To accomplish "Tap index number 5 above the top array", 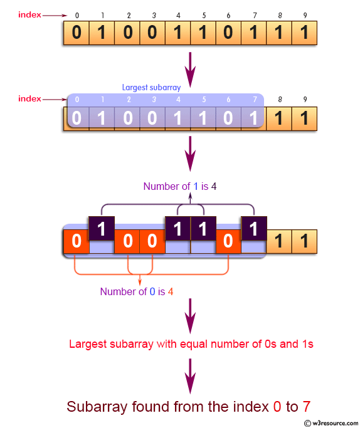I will (x=203, y=14).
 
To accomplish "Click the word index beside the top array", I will (x=29, y=14).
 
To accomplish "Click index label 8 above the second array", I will (x=280, y=99).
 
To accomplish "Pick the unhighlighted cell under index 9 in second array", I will (x=304, y=118).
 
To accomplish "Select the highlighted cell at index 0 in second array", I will (x=77, y=118).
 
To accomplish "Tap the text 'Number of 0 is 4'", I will (x=137, y=291).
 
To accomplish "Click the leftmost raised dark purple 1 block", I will (x=102, y=229).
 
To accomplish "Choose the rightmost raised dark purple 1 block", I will (x=253, y=229).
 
